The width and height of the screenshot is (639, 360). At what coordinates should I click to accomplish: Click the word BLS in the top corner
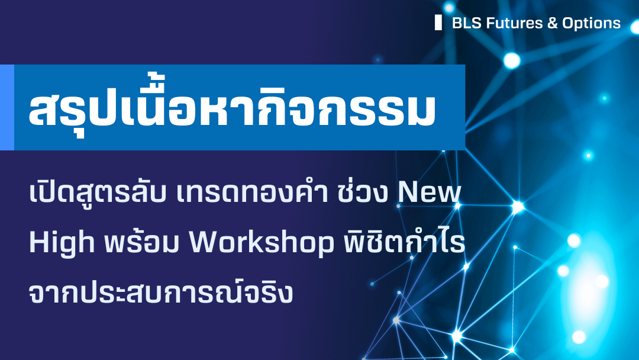(464, 23)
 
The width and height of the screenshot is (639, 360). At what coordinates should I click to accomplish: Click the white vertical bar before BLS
(438, 22)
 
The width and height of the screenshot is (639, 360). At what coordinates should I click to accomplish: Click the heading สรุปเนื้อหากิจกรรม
(232, 108)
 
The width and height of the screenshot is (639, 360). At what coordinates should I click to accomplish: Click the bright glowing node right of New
(518, 206)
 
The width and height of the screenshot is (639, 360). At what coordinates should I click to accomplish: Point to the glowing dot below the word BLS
(511, 60)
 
